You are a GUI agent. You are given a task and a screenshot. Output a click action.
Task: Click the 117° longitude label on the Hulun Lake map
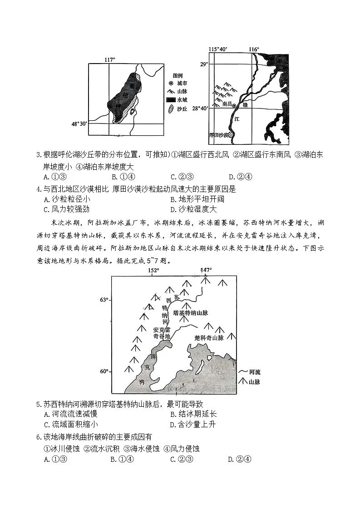click(x=110, y=59)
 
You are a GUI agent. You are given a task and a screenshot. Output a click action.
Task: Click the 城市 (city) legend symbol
click(x=171, y=83)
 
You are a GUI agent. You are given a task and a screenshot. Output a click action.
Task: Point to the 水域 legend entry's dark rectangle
click(x=171, y=100)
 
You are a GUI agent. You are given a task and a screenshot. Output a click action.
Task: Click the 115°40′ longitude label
click(x=218, y=49)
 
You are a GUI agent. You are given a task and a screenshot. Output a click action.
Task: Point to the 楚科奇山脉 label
click(x=209, y=338)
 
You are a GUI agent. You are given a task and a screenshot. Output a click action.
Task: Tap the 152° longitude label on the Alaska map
click(x=153, y=271)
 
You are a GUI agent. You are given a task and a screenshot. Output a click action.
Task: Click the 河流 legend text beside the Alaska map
click(x=255, y=372)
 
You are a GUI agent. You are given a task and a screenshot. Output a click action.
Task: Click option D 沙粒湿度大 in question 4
click(x=193, y=209)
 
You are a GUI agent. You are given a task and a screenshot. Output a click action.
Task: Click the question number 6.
click(x=38, y=437)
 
